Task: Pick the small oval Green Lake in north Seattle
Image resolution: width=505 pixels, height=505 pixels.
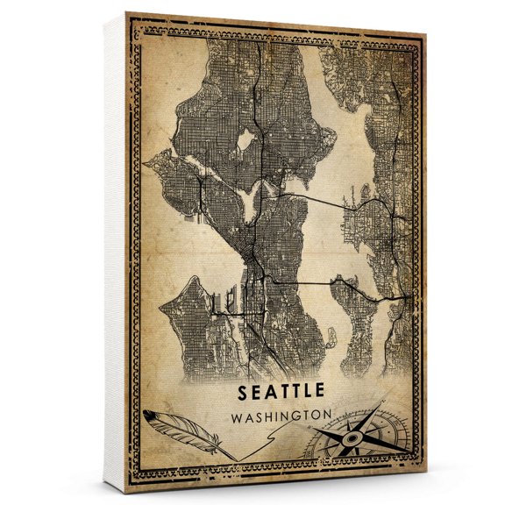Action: pos(247,139)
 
